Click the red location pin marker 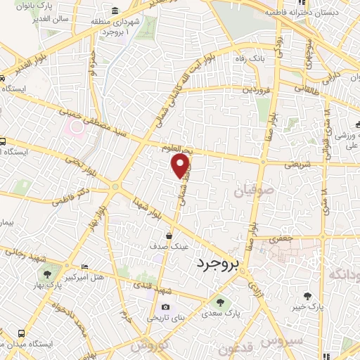181,165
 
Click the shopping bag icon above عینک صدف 169,236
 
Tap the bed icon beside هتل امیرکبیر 84,266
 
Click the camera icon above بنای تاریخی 165,307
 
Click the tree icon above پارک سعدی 220,302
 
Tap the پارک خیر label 309,307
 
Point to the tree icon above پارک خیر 307,296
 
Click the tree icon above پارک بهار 47,274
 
